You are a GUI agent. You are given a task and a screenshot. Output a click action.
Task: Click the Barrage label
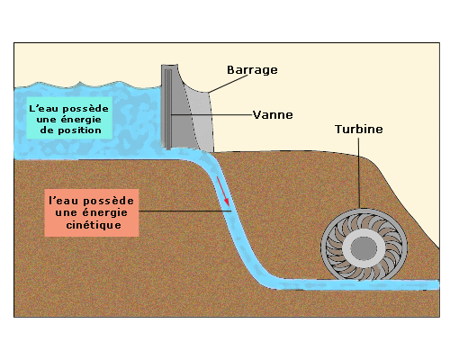252,70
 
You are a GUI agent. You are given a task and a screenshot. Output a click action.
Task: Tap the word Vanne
273,115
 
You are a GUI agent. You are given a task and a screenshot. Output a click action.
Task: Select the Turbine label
359,130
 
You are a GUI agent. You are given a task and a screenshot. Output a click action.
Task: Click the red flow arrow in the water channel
223,192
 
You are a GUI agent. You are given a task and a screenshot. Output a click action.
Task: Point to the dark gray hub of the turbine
364,248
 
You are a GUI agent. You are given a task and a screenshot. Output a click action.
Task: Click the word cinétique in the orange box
94,225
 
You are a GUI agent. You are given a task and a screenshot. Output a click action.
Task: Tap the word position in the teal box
79,130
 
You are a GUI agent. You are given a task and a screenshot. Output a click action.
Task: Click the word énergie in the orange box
104,212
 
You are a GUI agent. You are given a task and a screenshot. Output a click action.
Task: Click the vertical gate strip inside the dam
168,109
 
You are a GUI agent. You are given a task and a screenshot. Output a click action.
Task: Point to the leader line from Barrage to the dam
228,84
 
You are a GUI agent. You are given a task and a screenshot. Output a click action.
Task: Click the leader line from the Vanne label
211,114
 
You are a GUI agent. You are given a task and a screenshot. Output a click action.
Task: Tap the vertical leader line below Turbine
358,174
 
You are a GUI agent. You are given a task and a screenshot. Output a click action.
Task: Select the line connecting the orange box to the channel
184,211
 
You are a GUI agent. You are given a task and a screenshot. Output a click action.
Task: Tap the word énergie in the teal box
81,120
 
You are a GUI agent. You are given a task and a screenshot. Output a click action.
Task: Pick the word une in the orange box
66,213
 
